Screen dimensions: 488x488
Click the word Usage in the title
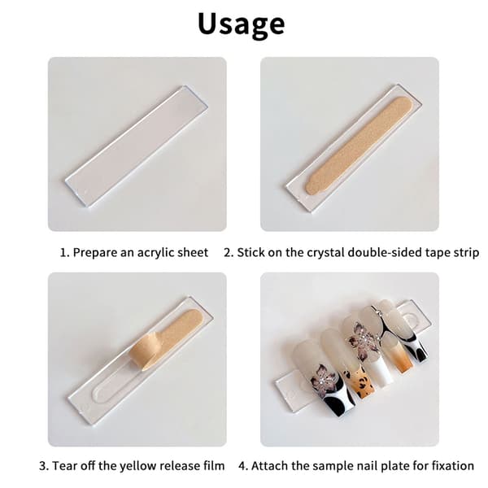tap(242, 24)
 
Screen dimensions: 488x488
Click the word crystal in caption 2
tap(325, 252)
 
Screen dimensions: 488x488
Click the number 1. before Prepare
tap(65, 252)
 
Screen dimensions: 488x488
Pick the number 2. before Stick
tap(229, 252)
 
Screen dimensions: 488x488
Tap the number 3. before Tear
tap(44, 466)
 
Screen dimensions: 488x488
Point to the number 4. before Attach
tap(243, 466)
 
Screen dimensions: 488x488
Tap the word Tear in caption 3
tap(63, 466)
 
